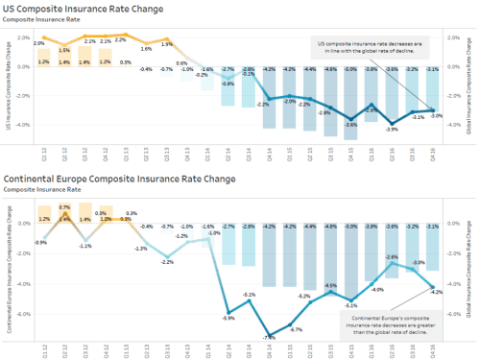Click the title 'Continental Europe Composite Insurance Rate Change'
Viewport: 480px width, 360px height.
coord(119,179)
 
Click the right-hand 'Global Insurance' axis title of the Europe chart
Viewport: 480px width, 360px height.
coord(469,264)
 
